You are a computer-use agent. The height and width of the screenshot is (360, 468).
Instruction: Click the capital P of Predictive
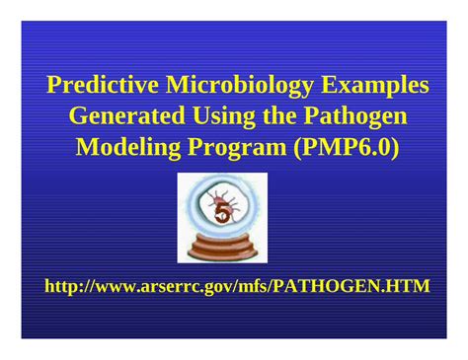coord(53,85)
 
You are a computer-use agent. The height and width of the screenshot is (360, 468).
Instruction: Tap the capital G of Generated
coord(78,117)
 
